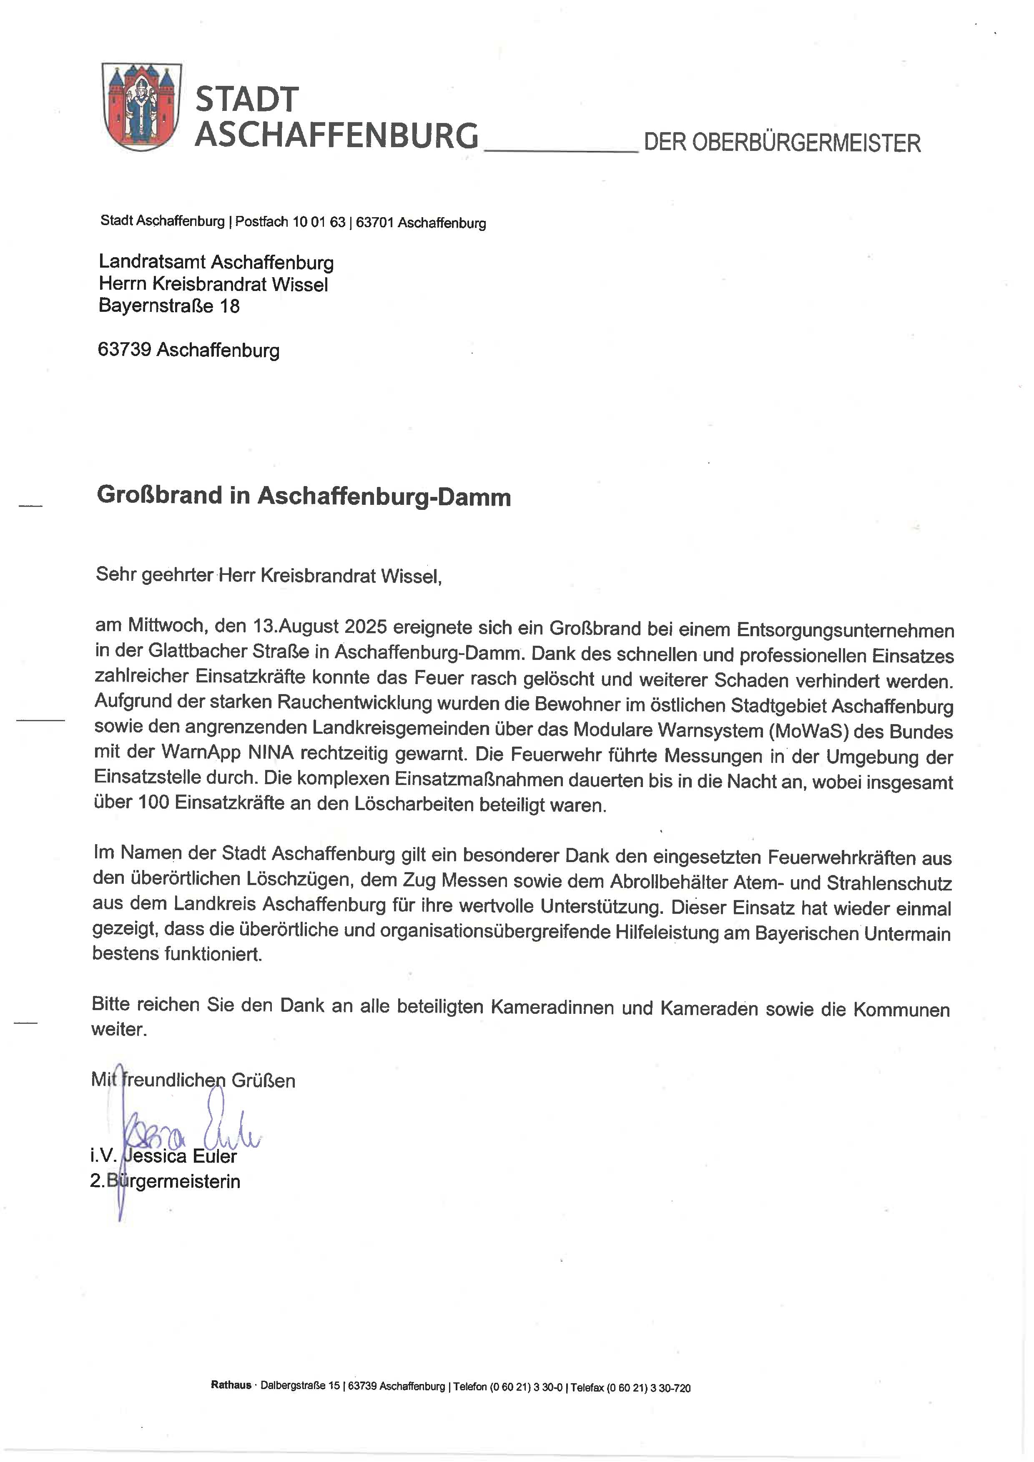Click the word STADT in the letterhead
246,100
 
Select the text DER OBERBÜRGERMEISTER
782,143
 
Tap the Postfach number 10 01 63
319,222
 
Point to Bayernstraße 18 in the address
169,306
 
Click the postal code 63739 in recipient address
124,350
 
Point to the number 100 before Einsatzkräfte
153,802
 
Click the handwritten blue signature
191,1130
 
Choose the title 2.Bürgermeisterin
165,1181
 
